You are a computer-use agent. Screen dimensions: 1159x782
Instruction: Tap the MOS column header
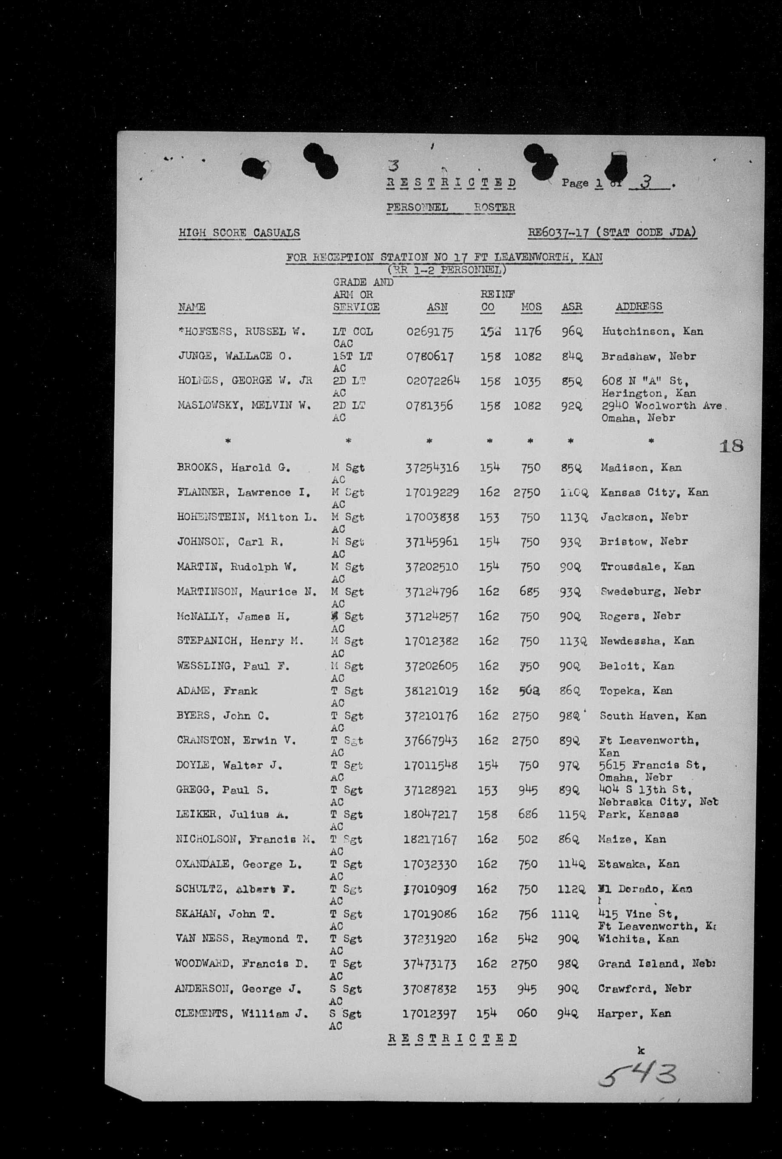531,307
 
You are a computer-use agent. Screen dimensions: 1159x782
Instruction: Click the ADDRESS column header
639,306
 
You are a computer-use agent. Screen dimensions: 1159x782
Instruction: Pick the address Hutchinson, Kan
652,332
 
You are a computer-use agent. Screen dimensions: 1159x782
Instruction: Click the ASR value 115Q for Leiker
569,814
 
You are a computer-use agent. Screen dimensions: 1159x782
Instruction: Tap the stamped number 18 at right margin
731,445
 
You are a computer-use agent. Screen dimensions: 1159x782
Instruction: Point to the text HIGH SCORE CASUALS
239,233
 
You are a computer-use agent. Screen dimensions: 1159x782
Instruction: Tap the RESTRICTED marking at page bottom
452,1039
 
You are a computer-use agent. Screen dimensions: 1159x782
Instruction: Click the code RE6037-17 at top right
559,232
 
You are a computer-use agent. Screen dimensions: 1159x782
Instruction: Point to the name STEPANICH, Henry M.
240,641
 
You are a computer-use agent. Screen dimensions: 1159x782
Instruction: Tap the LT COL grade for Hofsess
353,332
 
